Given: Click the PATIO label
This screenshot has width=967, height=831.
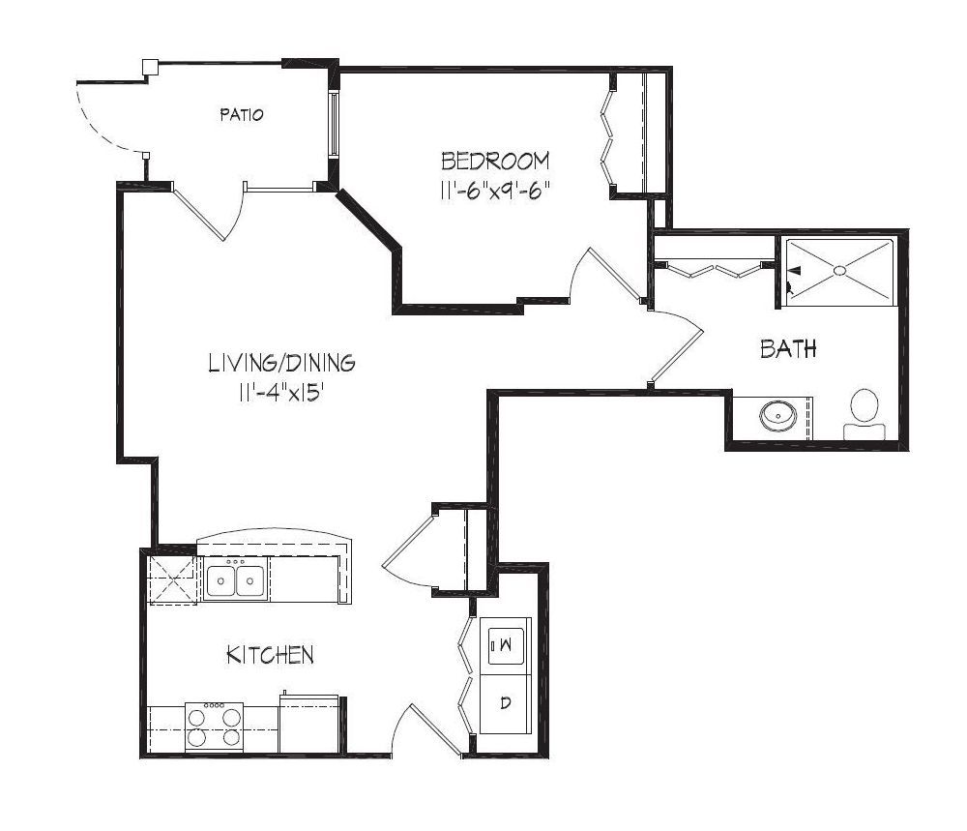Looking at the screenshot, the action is pos(241,114).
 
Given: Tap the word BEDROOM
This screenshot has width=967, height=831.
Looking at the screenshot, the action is pos(495,161).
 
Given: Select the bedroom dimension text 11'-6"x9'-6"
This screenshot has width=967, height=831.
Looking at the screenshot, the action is pos(494,191).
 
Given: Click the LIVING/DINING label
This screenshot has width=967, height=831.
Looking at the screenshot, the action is pos(281,363).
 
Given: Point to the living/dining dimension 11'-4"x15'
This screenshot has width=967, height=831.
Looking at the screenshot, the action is pos(281,393).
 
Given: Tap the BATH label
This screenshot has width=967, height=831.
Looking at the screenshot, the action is pos(788,348).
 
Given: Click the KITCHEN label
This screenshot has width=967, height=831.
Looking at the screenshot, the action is pos(270,655).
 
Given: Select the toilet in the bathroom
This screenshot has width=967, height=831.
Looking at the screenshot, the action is pos(864,414).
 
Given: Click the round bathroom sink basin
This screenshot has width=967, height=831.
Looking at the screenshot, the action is pos(777,415).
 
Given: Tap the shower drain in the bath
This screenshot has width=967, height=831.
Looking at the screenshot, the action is pos(839,270).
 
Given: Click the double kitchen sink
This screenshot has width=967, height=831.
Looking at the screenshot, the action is pos(236,579).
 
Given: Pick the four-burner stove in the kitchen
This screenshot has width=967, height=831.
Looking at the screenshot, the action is pos(214,727).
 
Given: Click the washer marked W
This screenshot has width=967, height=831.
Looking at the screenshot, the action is pos(506,645).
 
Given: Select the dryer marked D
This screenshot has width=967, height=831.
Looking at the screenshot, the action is pos(506,703).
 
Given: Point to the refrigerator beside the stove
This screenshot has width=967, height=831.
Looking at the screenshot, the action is pos(309,723).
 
